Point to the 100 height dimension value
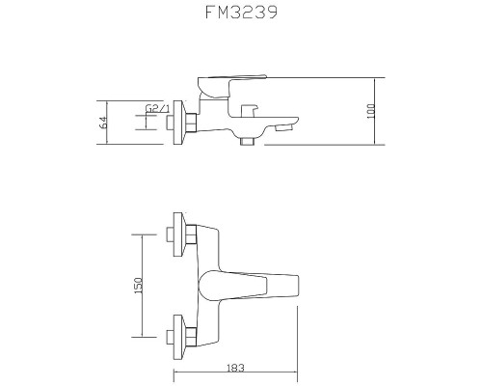(x=372, y=112)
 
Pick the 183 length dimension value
(x=237, y=367)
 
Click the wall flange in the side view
(x=176, y=124)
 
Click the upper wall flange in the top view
(x=176, y=235)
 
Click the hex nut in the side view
(x=192, y=124)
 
